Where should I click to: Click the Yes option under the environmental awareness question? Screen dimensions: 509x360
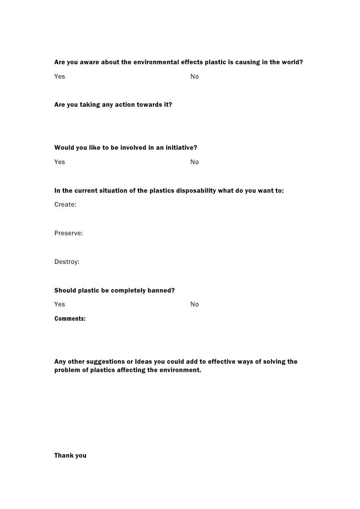pos(59,77)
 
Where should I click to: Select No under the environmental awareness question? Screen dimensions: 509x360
pos(194,77)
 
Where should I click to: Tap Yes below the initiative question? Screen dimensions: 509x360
pos(59,162)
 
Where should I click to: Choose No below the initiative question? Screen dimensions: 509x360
pos(194,162)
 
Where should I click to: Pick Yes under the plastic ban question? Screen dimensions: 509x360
pos(59,304)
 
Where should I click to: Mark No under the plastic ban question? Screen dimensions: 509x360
pos(194,304)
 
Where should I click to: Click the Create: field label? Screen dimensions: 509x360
pos(65,204)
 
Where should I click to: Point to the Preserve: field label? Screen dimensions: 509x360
pos(68,233)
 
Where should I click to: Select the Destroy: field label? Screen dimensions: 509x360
pos(67,261)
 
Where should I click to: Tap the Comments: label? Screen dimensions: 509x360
pos(70,319)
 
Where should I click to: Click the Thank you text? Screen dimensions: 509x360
pos(70,456)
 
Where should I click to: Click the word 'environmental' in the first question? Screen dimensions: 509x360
pos(153,62)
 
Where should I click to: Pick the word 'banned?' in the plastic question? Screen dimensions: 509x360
pos(162,290)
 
